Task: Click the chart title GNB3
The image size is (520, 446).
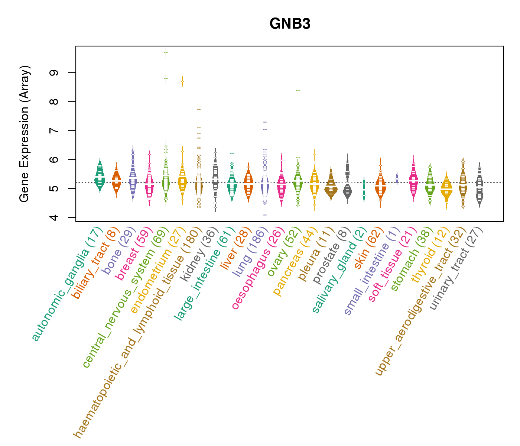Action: click(290, 24)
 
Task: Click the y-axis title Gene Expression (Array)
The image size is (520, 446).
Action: click(25, 134)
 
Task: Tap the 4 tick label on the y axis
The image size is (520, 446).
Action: click(56, 217)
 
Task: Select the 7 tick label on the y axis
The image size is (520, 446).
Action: click(56, 130)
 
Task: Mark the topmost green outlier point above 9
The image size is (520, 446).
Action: click(166, 53)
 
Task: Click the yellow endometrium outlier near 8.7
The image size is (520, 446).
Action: click(182, 81)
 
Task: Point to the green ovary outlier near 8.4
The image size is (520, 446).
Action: click(298, 90)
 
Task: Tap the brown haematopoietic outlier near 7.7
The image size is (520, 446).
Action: click(199, 109)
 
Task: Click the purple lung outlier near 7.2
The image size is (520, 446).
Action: click(265, 125)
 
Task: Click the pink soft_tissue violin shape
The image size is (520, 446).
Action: click(413, 178)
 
